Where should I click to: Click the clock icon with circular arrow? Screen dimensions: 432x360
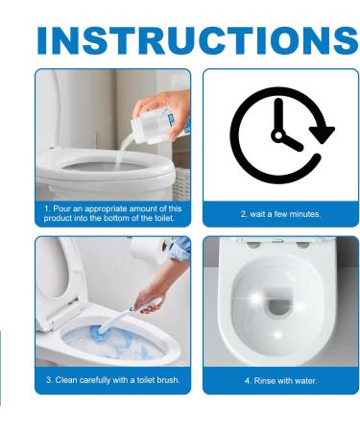(280, 135)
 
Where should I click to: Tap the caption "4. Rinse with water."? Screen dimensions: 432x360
(280, 381)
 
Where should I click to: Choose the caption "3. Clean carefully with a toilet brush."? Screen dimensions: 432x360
(112, 381)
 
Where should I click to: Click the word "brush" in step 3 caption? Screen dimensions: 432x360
(166, 381)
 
